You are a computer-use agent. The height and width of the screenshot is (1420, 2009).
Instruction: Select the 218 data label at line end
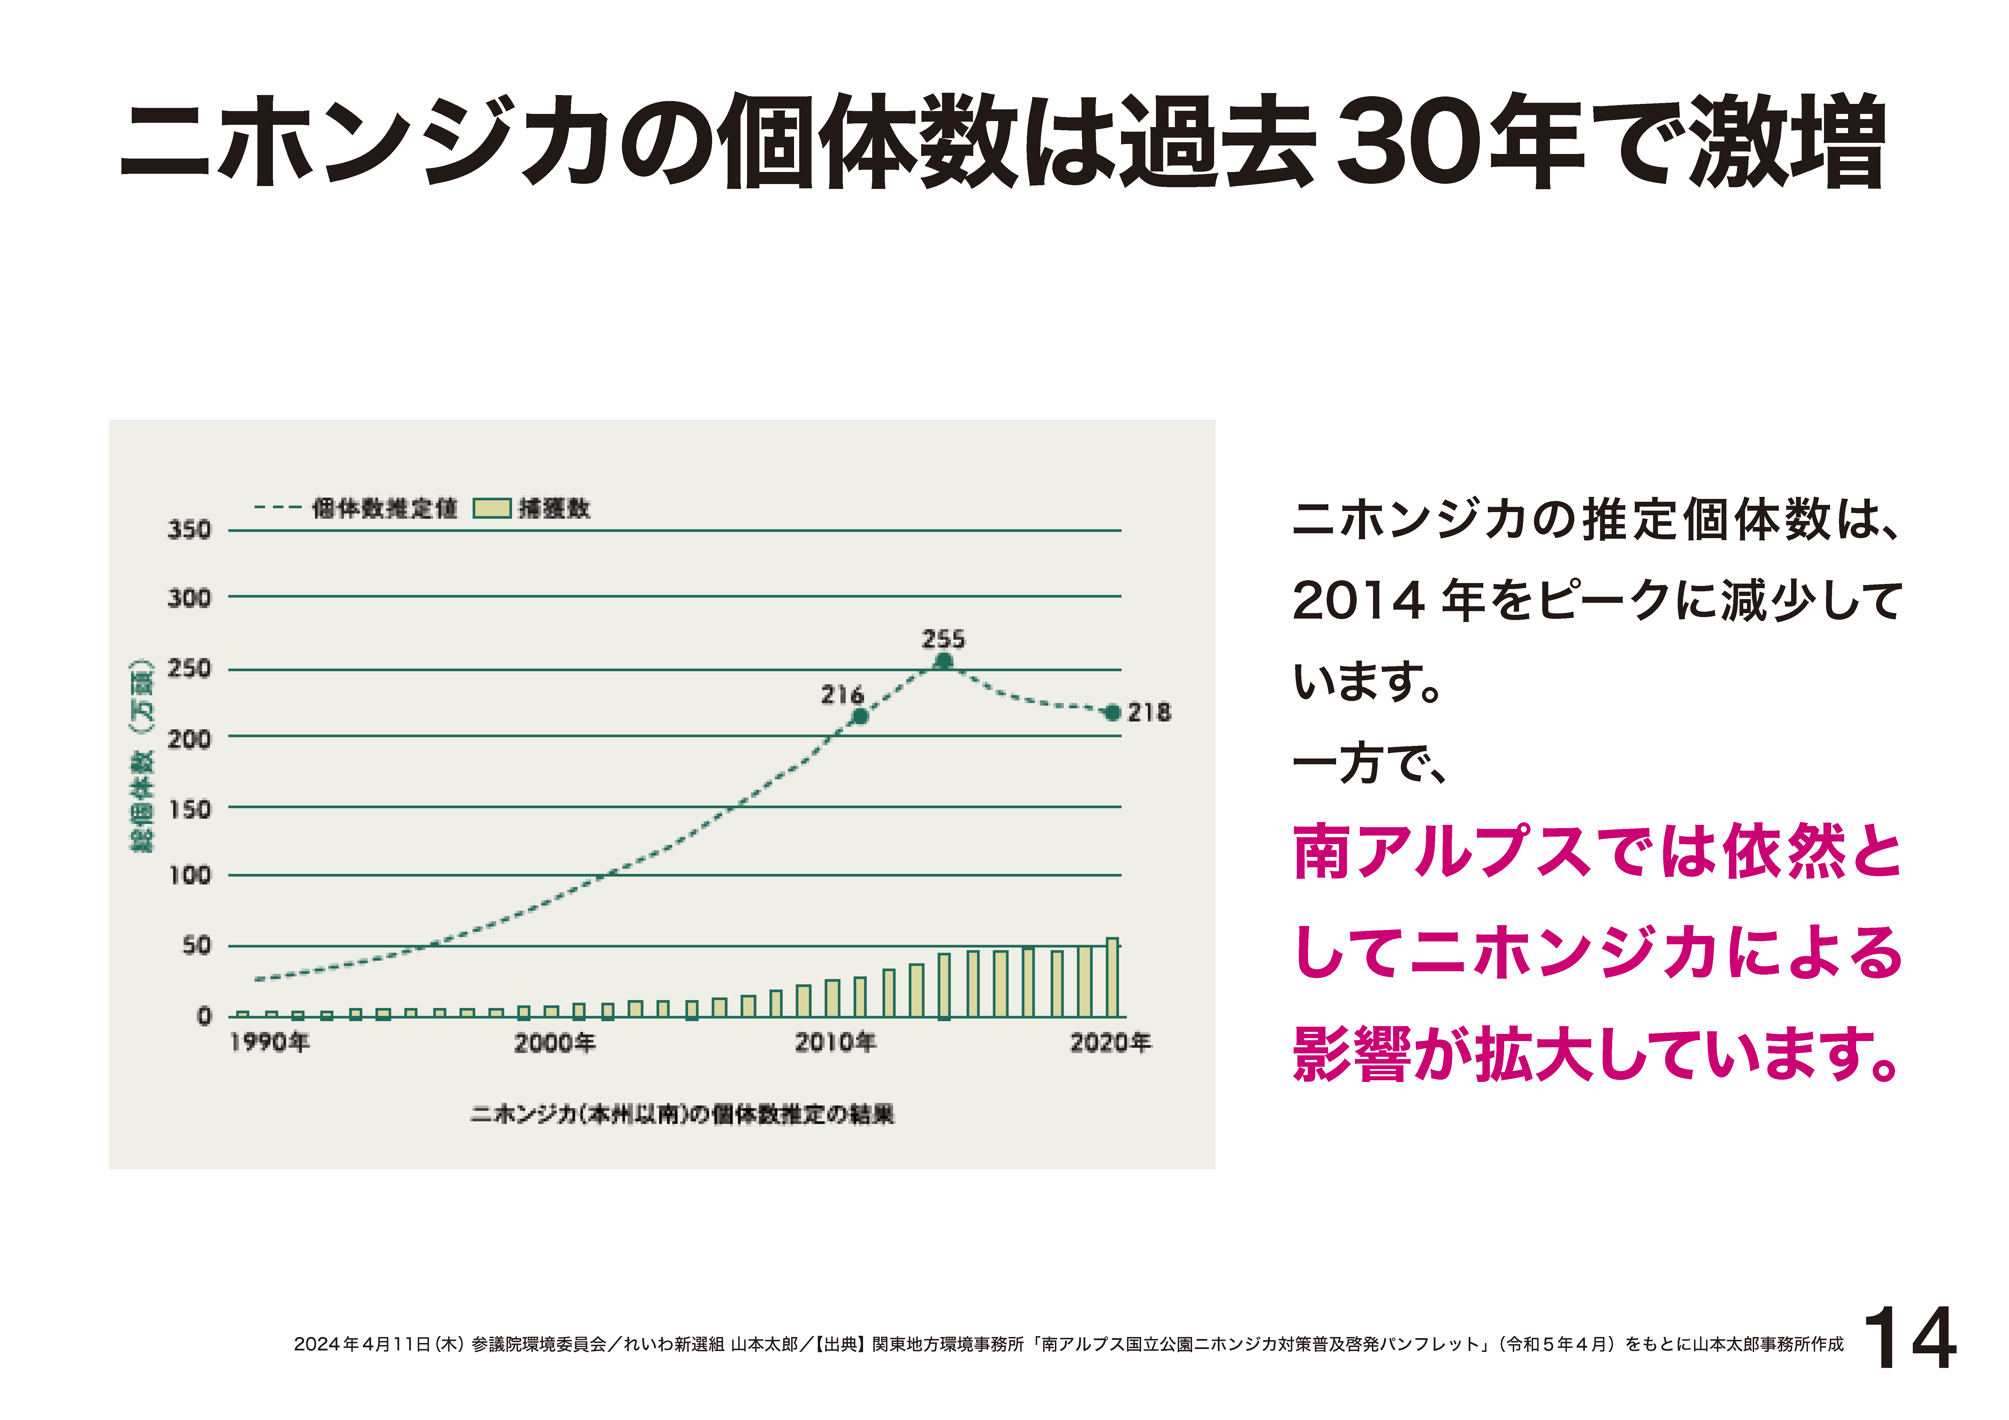[1149, 713]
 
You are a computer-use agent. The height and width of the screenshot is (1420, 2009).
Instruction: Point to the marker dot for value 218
[1112, 713]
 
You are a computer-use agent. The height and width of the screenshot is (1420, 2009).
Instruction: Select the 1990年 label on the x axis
[269, 1043]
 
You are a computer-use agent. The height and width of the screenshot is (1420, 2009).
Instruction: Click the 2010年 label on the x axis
[835, 1043]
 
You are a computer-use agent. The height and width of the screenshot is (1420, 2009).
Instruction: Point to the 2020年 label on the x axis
[1110, 1043]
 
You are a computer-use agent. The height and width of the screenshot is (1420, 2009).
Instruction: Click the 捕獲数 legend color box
[492, 508]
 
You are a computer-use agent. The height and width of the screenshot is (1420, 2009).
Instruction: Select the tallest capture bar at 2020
[1112, 977]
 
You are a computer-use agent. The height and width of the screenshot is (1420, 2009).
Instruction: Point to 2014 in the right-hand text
[1358, 602]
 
